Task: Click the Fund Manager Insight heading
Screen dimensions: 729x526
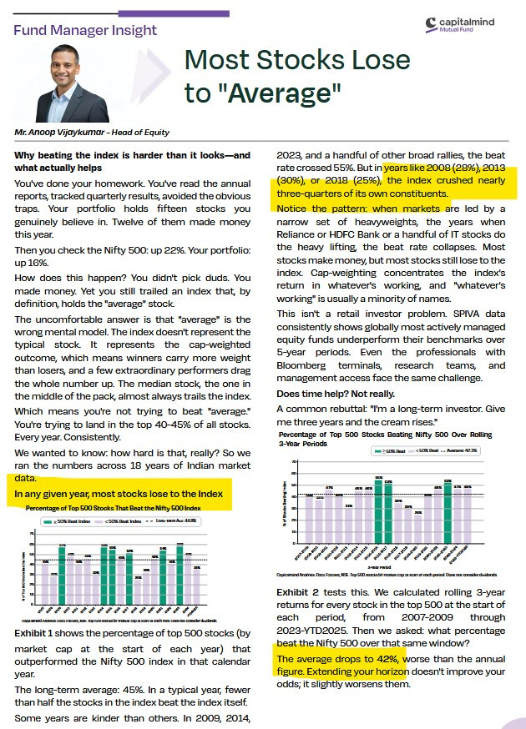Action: tap(85, 30)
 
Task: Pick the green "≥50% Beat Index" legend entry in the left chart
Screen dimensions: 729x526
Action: tap(70, 520)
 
